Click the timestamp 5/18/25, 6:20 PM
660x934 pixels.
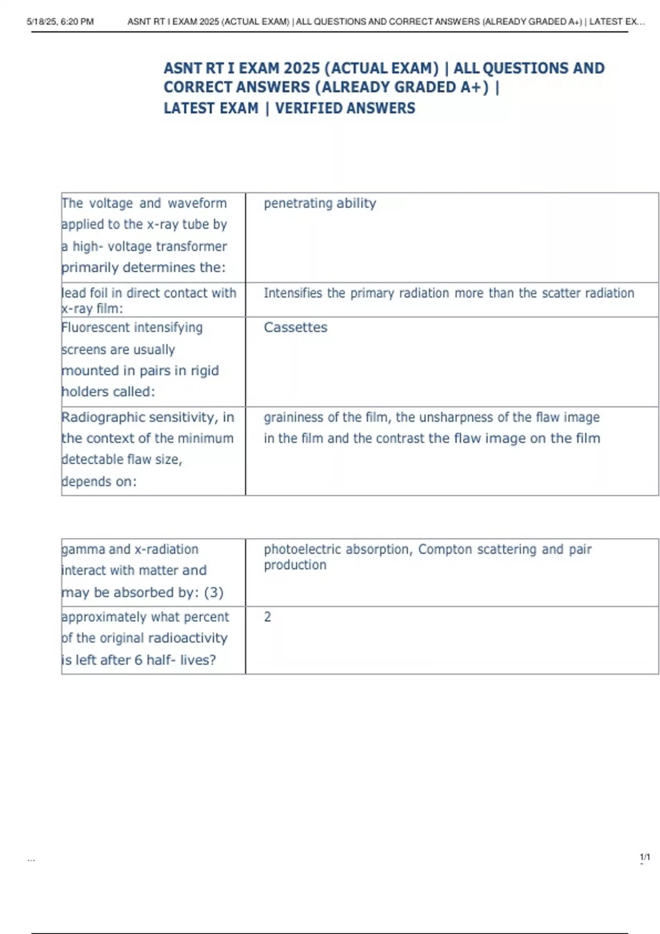[60, 22]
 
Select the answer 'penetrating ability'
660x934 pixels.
[320, 203]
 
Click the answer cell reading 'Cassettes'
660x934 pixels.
[295, 327]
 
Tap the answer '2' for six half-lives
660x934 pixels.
[267, 617]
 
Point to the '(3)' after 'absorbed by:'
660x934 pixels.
[213, 593]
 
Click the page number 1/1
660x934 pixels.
[645, 857]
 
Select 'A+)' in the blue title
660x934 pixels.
[475, 87]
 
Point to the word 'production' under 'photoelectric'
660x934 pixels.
[295, 565]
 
